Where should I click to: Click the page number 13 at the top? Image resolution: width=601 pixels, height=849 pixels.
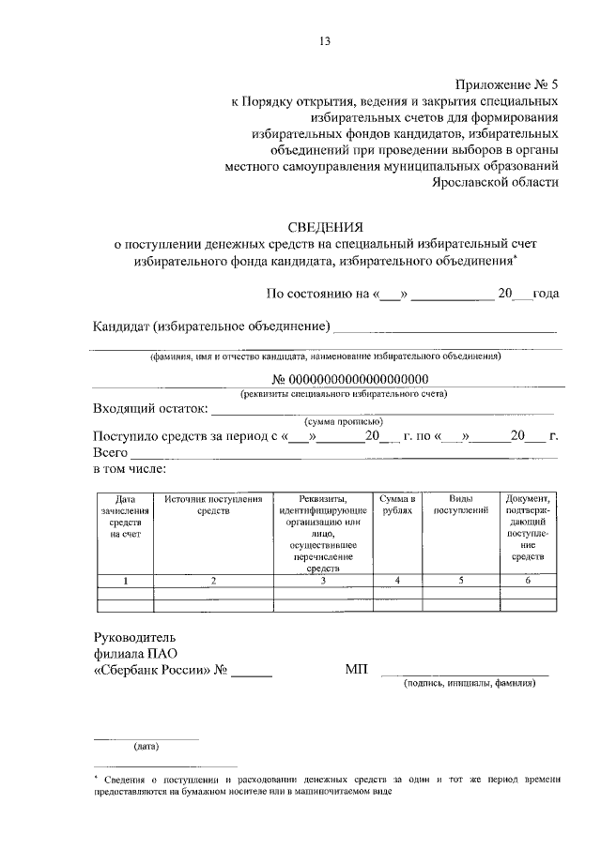(x=326, y=41)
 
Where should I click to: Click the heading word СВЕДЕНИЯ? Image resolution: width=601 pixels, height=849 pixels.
(x=325, y=226)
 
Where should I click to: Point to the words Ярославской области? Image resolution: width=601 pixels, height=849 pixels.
(x=495, y=183)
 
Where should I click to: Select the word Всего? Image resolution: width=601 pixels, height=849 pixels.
(x=110, y=452)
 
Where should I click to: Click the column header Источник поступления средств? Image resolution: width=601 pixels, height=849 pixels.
(x=213, y=505)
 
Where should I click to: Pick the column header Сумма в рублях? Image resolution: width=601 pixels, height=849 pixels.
(x=397, y=505)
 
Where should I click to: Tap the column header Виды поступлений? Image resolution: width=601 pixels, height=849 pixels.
(x=461, y=505)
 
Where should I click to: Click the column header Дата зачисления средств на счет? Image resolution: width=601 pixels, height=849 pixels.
(x=126, y=516)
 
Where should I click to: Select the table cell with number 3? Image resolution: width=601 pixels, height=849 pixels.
(x=322, y=581)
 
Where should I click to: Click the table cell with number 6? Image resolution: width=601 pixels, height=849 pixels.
(x=529, y=581)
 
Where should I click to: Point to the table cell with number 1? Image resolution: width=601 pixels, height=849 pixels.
(x=126, y=581)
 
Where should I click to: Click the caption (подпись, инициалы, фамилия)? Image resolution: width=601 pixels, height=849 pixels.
(x=470, y=684)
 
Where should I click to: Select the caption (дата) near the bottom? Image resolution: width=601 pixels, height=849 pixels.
(x=146, y=747)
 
